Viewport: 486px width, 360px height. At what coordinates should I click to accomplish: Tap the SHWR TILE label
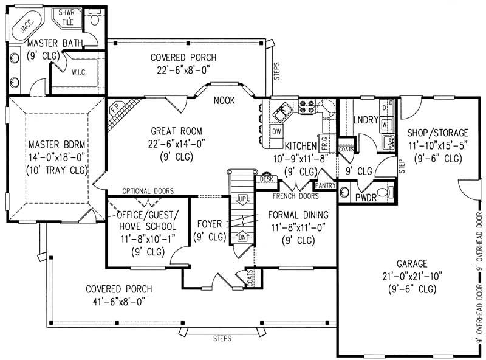pos(64,16)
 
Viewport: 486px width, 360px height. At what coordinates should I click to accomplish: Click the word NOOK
pos(225,102)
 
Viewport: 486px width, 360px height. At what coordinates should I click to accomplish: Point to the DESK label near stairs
pos(266,179)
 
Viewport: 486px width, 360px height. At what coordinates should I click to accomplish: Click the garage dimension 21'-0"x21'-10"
pos(412,277)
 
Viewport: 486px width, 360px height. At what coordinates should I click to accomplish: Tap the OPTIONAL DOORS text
pos(148,190)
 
